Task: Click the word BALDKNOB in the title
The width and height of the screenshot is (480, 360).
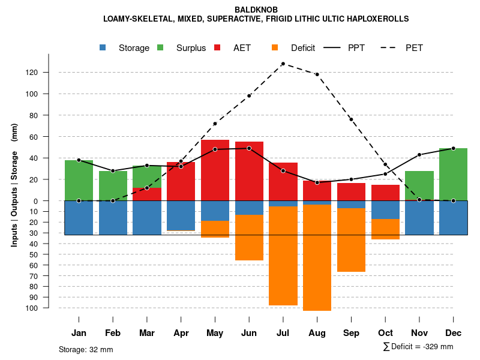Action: [x=256, y=10]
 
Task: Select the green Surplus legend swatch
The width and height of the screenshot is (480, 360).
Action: [x=160, y=48]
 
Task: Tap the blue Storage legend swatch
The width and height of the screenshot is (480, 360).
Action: [x=103, y=48]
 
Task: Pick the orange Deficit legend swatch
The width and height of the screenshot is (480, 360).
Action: [x=275, y=48]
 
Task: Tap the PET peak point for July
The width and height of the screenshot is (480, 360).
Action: [x=283, y=64]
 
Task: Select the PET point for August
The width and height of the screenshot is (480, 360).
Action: [x=317, y=74]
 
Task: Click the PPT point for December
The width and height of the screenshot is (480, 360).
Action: [x=453, y=148]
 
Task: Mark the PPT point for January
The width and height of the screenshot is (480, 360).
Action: [x=79, y=160]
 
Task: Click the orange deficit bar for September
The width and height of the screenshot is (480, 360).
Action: [x=351, y=240]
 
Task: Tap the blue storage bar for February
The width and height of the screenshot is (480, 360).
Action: [x=113, y=218]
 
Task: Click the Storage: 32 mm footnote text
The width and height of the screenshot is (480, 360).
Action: [x=86, y=349]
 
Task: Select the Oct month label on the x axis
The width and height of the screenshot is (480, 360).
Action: [x=385, y=333]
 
